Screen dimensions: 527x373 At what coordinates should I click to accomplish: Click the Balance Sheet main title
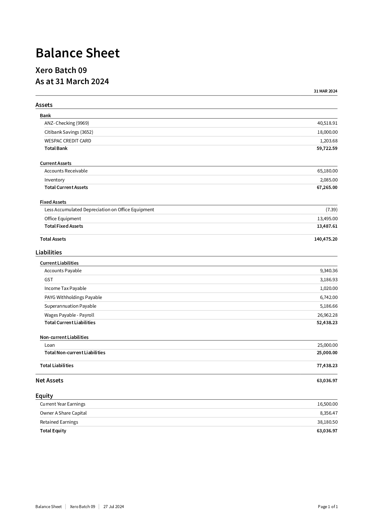pyautogui.click(x=78, y=53)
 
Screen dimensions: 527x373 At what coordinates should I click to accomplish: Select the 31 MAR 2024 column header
pyautogui.click(x=325, y=91)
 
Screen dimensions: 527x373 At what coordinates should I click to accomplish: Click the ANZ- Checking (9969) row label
pyautogui.click(x=67, y=123)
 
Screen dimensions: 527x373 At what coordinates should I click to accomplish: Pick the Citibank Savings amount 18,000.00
pyautogui.click(x=327, y=132)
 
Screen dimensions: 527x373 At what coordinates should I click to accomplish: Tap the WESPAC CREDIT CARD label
pyautogui.click(x=68, y=141)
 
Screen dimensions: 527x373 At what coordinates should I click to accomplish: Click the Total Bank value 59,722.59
pyautogui.click(x=327, y=148)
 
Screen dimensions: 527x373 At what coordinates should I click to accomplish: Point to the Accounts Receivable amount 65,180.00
pyautogui.click(x=327, y=171)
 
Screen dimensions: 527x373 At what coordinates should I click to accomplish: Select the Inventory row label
pyautogui.click(x=54, y=180)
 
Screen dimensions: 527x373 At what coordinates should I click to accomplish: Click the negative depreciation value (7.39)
pyautogui.click(x=331, y=210)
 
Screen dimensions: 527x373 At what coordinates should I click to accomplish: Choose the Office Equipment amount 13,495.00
pyautogui.click(x=327, y=219)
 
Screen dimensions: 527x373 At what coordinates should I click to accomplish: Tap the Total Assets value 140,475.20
pyautogui.click(x=326, y=239)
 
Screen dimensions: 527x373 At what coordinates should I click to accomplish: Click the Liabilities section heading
pyautogui.click(x=49, y=252)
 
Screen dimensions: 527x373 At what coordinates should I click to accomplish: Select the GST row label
pyautogui.click(x=49, y=280)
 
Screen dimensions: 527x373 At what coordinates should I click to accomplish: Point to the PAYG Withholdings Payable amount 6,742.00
pyautogui.click(x=329, y=297)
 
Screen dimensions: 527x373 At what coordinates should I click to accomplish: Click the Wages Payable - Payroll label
pyautogui.click(x=69, y=315)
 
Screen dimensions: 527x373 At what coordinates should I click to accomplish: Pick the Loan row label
pyautogui.click(x=50, y=345)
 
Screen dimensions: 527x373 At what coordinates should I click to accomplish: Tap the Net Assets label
pyautogui.click(x=49, y=381)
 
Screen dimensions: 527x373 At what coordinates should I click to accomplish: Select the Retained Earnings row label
pyautogui.click(x=59, y=422)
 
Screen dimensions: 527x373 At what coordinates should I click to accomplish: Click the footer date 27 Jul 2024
pyautogui.click(x=114, y=507)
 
